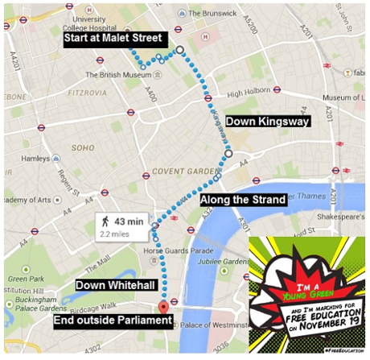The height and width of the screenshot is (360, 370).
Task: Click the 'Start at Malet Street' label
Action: pos(114,38)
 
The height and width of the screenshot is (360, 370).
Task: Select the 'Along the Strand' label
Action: pos(242,199)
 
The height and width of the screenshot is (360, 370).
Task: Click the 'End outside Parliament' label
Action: pos(113,321)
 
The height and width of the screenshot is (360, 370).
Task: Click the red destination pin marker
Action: pos(163,307)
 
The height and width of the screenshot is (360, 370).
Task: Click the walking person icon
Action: pos(104,221)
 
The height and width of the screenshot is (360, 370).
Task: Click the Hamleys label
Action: pos(35,159)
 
